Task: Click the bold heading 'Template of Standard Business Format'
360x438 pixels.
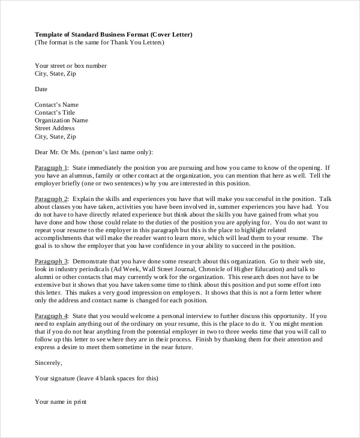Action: pos(94,34)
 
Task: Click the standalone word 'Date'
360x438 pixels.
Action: pos(41,89)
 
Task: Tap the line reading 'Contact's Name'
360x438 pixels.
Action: pos(56,104)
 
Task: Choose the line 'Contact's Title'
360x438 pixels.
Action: pos(55,112)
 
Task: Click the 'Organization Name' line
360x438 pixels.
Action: pos(61,120)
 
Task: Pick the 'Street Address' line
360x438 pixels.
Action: pos(55,128)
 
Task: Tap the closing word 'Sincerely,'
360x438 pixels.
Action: pos(49,362)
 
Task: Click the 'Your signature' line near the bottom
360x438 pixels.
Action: pos(96,378)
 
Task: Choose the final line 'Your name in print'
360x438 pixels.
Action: pos(61,402)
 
